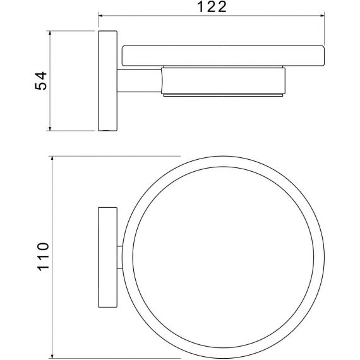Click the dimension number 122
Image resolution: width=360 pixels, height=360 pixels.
[x=212, y=7]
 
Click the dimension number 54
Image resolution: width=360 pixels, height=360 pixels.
[x=40, y=81]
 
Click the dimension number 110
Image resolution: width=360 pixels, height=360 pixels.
[x=43, y=256]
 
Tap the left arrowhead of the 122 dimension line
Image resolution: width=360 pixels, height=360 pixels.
[x=100, y=16]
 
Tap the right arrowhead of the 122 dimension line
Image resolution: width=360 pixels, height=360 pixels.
[x=322, y=16]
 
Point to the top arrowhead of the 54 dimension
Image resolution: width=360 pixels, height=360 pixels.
[x=50, y=33]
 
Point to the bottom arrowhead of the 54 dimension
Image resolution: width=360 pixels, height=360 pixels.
[x=50, y=129]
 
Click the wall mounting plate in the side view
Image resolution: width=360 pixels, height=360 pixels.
[x=107, y=81]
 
